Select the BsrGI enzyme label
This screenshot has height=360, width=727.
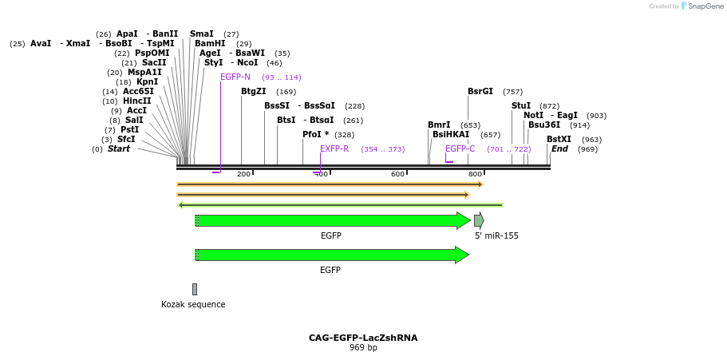coord(480,92)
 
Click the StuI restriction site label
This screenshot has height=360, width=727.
coord(521,105)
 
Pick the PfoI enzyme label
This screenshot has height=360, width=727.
coord(315,134)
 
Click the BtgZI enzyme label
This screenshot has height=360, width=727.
coord(254,92)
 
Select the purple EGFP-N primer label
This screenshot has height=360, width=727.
coord(235,77)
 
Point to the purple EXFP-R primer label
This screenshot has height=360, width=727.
coord(334,148)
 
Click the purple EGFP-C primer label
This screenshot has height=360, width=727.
coord(460,148)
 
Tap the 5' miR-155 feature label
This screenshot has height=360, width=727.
coord(496,235)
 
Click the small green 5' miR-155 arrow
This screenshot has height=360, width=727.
coord(479,220)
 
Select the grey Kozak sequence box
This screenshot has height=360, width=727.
coord(194,289)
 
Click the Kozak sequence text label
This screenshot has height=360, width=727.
coord(193,304)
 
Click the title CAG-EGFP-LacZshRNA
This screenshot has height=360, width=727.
coord(363,338)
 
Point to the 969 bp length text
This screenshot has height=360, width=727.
coord(363,348)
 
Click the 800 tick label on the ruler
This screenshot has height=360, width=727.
coord(475,174)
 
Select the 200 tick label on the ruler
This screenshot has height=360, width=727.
coord(243,174)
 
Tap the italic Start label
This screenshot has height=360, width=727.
coord(118,148)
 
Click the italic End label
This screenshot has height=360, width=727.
coord(559,148)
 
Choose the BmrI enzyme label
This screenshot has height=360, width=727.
coord(439,125)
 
